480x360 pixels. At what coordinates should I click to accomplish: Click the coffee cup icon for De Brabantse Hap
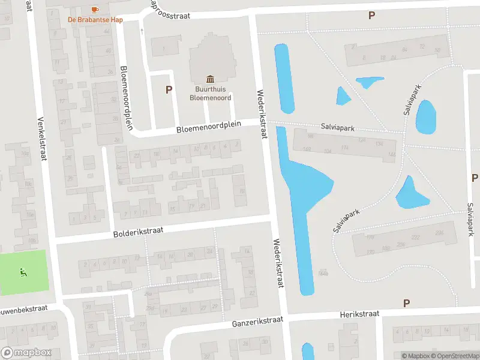[94, 9]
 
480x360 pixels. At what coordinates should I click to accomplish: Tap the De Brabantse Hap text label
[95, 19]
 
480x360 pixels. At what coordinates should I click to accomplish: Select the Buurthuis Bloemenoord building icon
[210, 79]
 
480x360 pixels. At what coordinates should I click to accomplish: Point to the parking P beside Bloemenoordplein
[169, 90]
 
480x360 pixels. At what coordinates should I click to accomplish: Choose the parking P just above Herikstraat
[406, 304]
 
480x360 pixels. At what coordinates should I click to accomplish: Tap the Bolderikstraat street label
[139, 232]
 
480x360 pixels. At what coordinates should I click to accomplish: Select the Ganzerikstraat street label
[257, 323]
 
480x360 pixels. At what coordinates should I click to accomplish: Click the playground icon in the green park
[23, 272]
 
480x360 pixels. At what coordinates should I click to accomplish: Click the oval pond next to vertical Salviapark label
[425, 117]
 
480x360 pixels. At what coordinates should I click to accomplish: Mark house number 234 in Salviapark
[439, 233]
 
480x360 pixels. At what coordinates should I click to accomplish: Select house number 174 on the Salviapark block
[344, 148]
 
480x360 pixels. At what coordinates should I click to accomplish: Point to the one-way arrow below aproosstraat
[142, 30]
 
